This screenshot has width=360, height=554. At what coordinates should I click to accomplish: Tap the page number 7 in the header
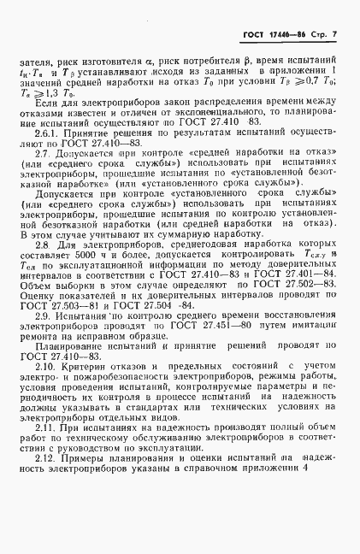(334, 32)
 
